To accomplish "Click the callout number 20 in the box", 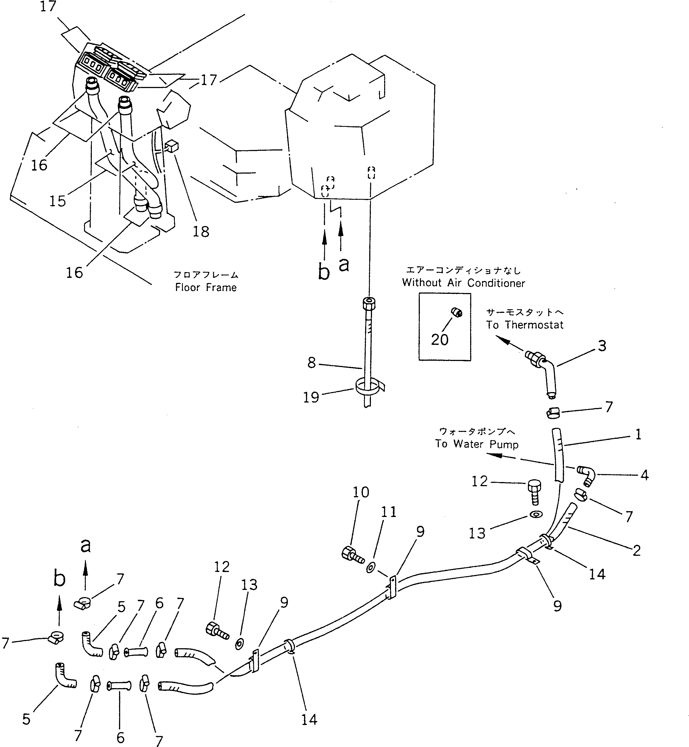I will pos(440,340).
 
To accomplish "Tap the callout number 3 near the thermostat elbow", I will pos(602,346).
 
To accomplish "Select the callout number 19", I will pos(311,397).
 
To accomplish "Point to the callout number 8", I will pos(312,363).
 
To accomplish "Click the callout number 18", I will pos(201,232).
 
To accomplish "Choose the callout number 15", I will pos(57,201).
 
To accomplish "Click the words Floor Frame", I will pos(206,287).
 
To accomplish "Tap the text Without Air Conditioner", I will pos(464,283).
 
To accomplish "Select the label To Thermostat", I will pos(525,325).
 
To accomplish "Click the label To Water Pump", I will pos(477,444).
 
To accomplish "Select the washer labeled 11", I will pos(371,568).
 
